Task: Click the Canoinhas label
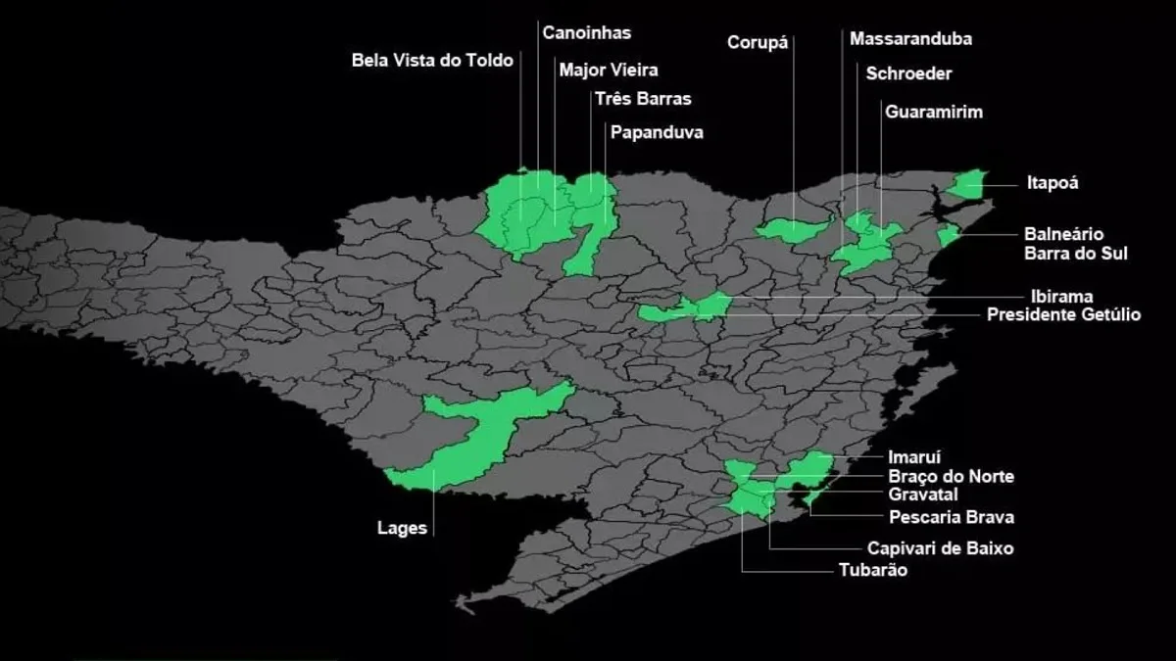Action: pyautogui.click(x=586, y=32)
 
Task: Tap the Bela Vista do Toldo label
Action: pyautogui.click(x=432, y=61)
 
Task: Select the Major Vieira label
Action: pyautogui.click(x=608, y=70)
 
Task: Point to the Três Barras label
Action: pyautogui.click(x=643, y=99)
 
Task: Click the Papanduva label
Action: pyautogui.click(x=657, y=131)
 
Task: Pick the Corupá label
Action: pyautogui.click(x=758, y=42)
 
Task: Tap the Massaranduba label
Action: pyautogui.click(x=910, y=39)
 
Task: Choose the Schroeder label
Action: pyautogui.click(x=908, y=73)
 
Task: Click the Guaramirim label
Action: pyautogui.click(x=933, y=112)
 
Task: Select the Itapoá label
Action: pyautogui.click(x=1053, y=182)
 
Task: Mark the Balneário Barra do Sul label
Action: pyautogui.click(x=1075, y=244)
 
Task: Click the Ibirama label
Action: pyautogui.click(x=1061, y=296)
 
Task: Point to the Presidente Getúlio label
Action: pyautogui.click(x=1063, y=315)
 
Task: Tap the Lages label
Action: pyautogui.click(x=402, y=529)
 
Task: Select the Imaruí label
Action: pyautogui.click(x=913, y=456)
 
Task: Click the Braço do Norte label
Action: pyautogui.click(x=951, y=477)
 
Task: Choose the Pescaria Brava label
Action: pyautogui.click(x=951, y=517)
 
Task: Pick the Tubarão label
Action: pyautogui.click(x=872, y=570)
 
